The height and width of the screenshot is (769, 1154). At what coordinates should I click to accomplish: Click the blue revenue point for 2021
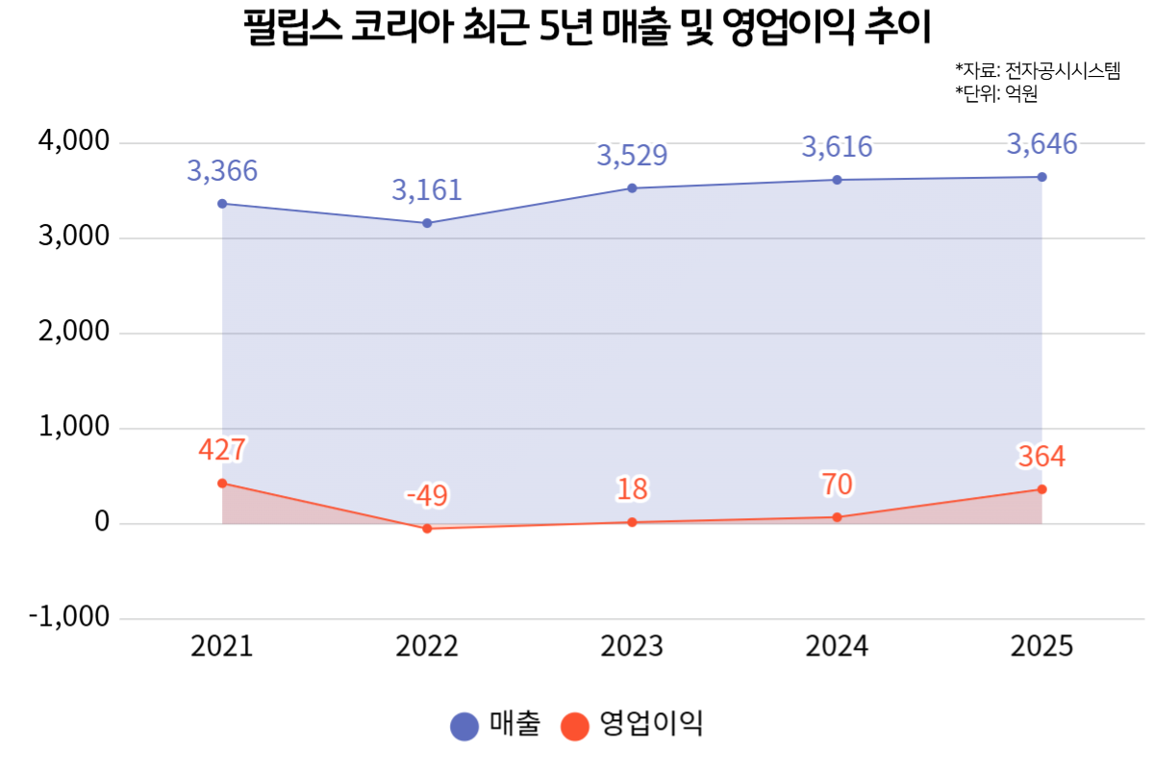(x=222, y=204)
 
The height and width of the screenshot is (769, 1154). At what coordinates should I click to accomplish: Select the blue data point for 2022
(x=427, y=223)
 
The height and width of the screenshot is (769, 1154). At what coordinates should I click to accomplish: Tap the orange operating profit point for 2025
(x=1041, y=489)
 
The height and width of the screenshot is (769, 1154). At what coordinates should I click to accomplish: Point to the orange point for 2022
(x=427, y=529)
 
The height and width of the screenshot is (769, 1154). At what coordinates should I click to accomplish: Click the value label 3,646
(x=1041, y=145)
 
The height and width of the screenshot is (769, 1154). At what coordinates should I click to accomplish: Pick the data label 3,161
(x=427, y=189)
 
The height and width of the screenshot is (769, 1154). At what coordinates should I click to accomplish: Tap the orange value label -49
(x=427, y=496)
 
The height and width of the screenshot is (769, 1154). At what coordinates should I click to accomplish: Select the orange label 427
(x=222, y=450)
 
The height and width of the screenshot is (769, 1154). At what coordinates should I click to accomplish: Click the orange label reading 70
(x=837, y=484)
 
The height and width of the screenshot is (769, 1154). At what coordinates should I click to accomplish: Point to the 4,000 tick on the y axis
(x=74, y=142)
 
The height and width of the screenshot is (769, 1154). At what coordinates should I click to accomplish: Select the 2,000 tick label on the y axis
(x=74, y=333)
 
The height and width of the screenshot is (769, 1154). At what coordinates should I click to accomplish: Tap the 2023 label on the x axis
(x=632, y=646)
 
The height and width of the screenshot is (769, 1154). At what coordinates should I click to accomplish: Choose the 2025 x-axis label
(x=1041, y=646)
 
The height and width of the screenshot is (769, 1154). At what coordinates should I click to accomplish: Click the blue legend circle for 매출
(x=464, y=727)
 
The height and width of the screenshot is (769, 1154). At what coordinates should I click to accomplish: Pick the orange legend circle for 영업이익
(x=575, y=727)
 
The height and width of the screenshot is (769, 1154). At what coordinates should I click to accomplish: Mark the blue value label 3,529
(x=632, y=155)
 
